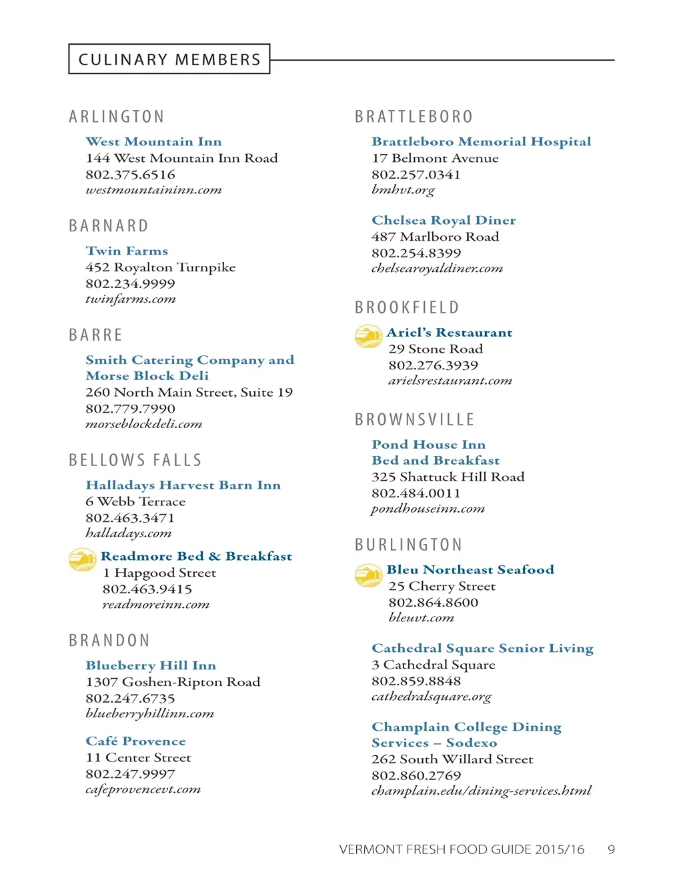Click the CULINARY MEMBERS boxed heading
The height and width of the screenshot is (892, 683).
pyautogui.click(x=169, y=59)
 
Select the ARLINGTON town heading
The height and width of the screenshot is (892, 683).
pyautogui.click(x=117, y=117)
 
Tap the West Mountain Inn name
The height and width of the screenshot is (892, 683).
pyautogui.click(x=153, y=141)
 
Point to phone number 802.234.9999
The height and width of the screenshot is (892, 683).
pyautogui.click(x=130, y=283)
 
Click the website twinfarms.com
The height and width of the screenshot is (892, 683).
pyautogui.click(x=131, y=299)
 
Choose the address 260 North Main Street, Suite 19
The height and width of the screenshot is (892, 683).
pyautogui.click(x=189, y=392)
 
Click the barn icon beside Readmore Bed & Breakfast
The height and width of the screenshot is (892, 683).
pyautogui.click(x=83, y=559)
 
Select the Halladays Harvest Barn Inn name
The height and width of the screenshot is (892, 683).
pyautogui.click(x=183, y=485)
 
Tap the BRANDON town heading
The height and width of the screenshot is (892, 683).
pyautogui.click(x=109, y=641)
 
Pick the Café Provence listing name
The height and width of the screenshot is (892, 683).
pyautogui.click(x=135, y=741)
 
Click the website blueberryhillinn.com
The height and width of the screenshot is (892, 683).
pyautogui.click(x=149, y=713)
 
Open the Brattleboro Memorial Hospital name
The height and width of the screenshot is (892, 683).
pyautogui.click(x=481, y=141)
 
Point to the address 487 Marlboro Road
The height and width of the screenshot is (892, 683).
pyautogui.click(x=435, y=237)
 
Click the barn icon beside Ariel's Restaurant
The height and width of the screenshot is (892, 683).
pyautogui.click(x=368, y=336)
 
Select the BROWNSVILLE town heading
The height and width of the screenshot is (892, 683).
pyautogui.click(x=415, y=419)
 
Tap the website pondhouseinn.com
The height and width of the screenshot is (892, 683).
pyautogui.click(x=428, y=509)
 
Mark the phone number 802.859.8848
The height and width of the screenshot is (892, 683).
pyautogui.click(x=416, y=681)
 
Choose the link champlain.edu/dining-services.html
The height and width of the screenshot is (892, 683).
pyautogui.click(x=481, y=791)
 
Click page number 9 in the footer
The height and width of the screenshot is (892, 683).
pyautogui.click(x=611, y=849)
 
